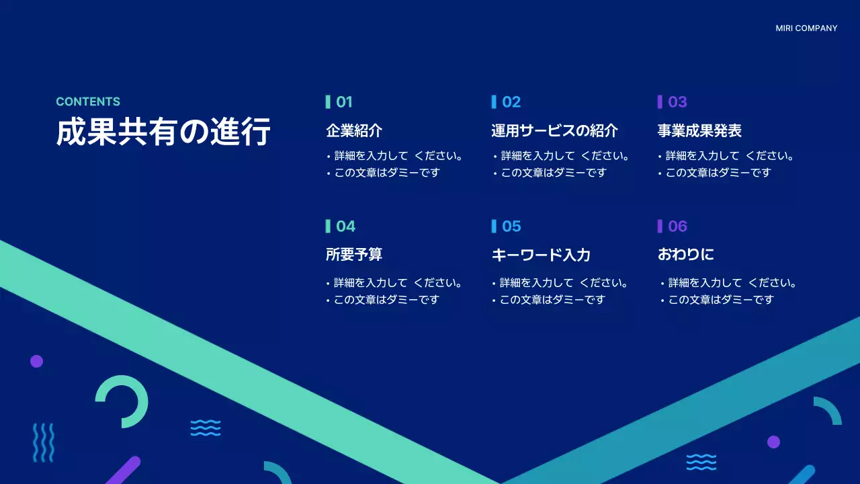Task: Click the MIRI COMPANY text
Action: [x=806, y=28]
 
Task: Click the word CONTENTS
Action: [x=88, y=102]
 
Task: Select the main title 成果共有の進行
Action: [x=163, y=132]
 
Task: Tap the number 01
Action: [x=344, y=102]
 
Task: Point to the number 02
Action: [x=511, y=102]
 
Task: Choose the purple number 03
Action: [x=677, y=102]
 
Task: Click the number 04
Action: [x=345, y=227]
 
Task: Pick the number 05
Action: [x=511, y=227]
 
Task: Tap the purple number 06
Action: [x=677, y=227]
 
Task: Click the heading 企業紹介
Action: [x=354, y=130]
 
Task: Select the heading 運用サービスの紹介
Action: [x=554, y=130]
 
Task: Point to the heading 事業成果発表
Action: [x=699, y=130]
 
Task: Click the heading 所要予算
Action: [x=354, y=255]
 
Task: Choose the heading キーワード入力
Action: [x=541, y=255]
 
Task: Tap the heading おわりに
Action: [x=685, y=255]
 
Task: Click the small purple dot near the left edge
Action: [x=36, y=361]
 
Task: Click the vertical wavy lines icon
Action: [x=44, y=442]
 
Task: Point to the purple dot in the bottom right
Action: [x=773, y=442]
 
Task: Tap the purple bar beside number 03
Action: [x=660, y=102]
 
